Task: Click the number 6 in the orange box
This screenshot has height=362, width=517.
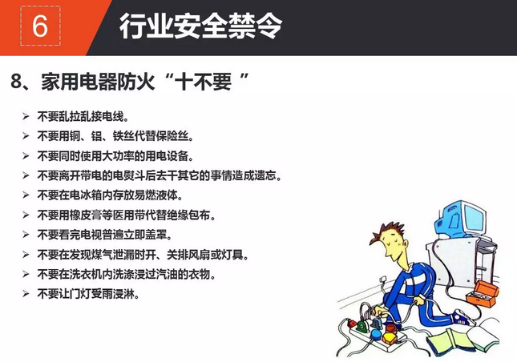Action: [x=40, y=26]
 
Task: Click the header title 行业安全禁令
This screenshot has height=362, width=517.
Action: [x=201, y=26]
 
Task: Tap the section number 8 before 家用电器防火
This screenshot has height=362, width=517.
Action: [x=16, y=81]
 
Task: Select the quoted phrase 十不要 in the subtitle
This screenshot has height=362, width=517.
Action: [x=203, y=82]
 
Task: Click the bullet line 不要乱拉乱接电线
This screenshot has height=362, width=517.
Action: [x=83, y=117]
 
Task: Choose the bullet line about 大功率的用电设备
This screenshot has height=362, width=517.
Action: [x=115, y=156]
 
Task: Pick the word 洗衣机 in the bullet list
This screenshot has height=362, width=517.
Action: [x=86, y=274]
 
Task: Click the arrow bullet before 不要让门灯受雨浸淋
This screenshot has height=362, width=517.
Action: [x=26, y=293]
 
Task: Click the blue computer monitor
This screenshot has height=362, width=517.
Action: [x=461, y=219]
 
